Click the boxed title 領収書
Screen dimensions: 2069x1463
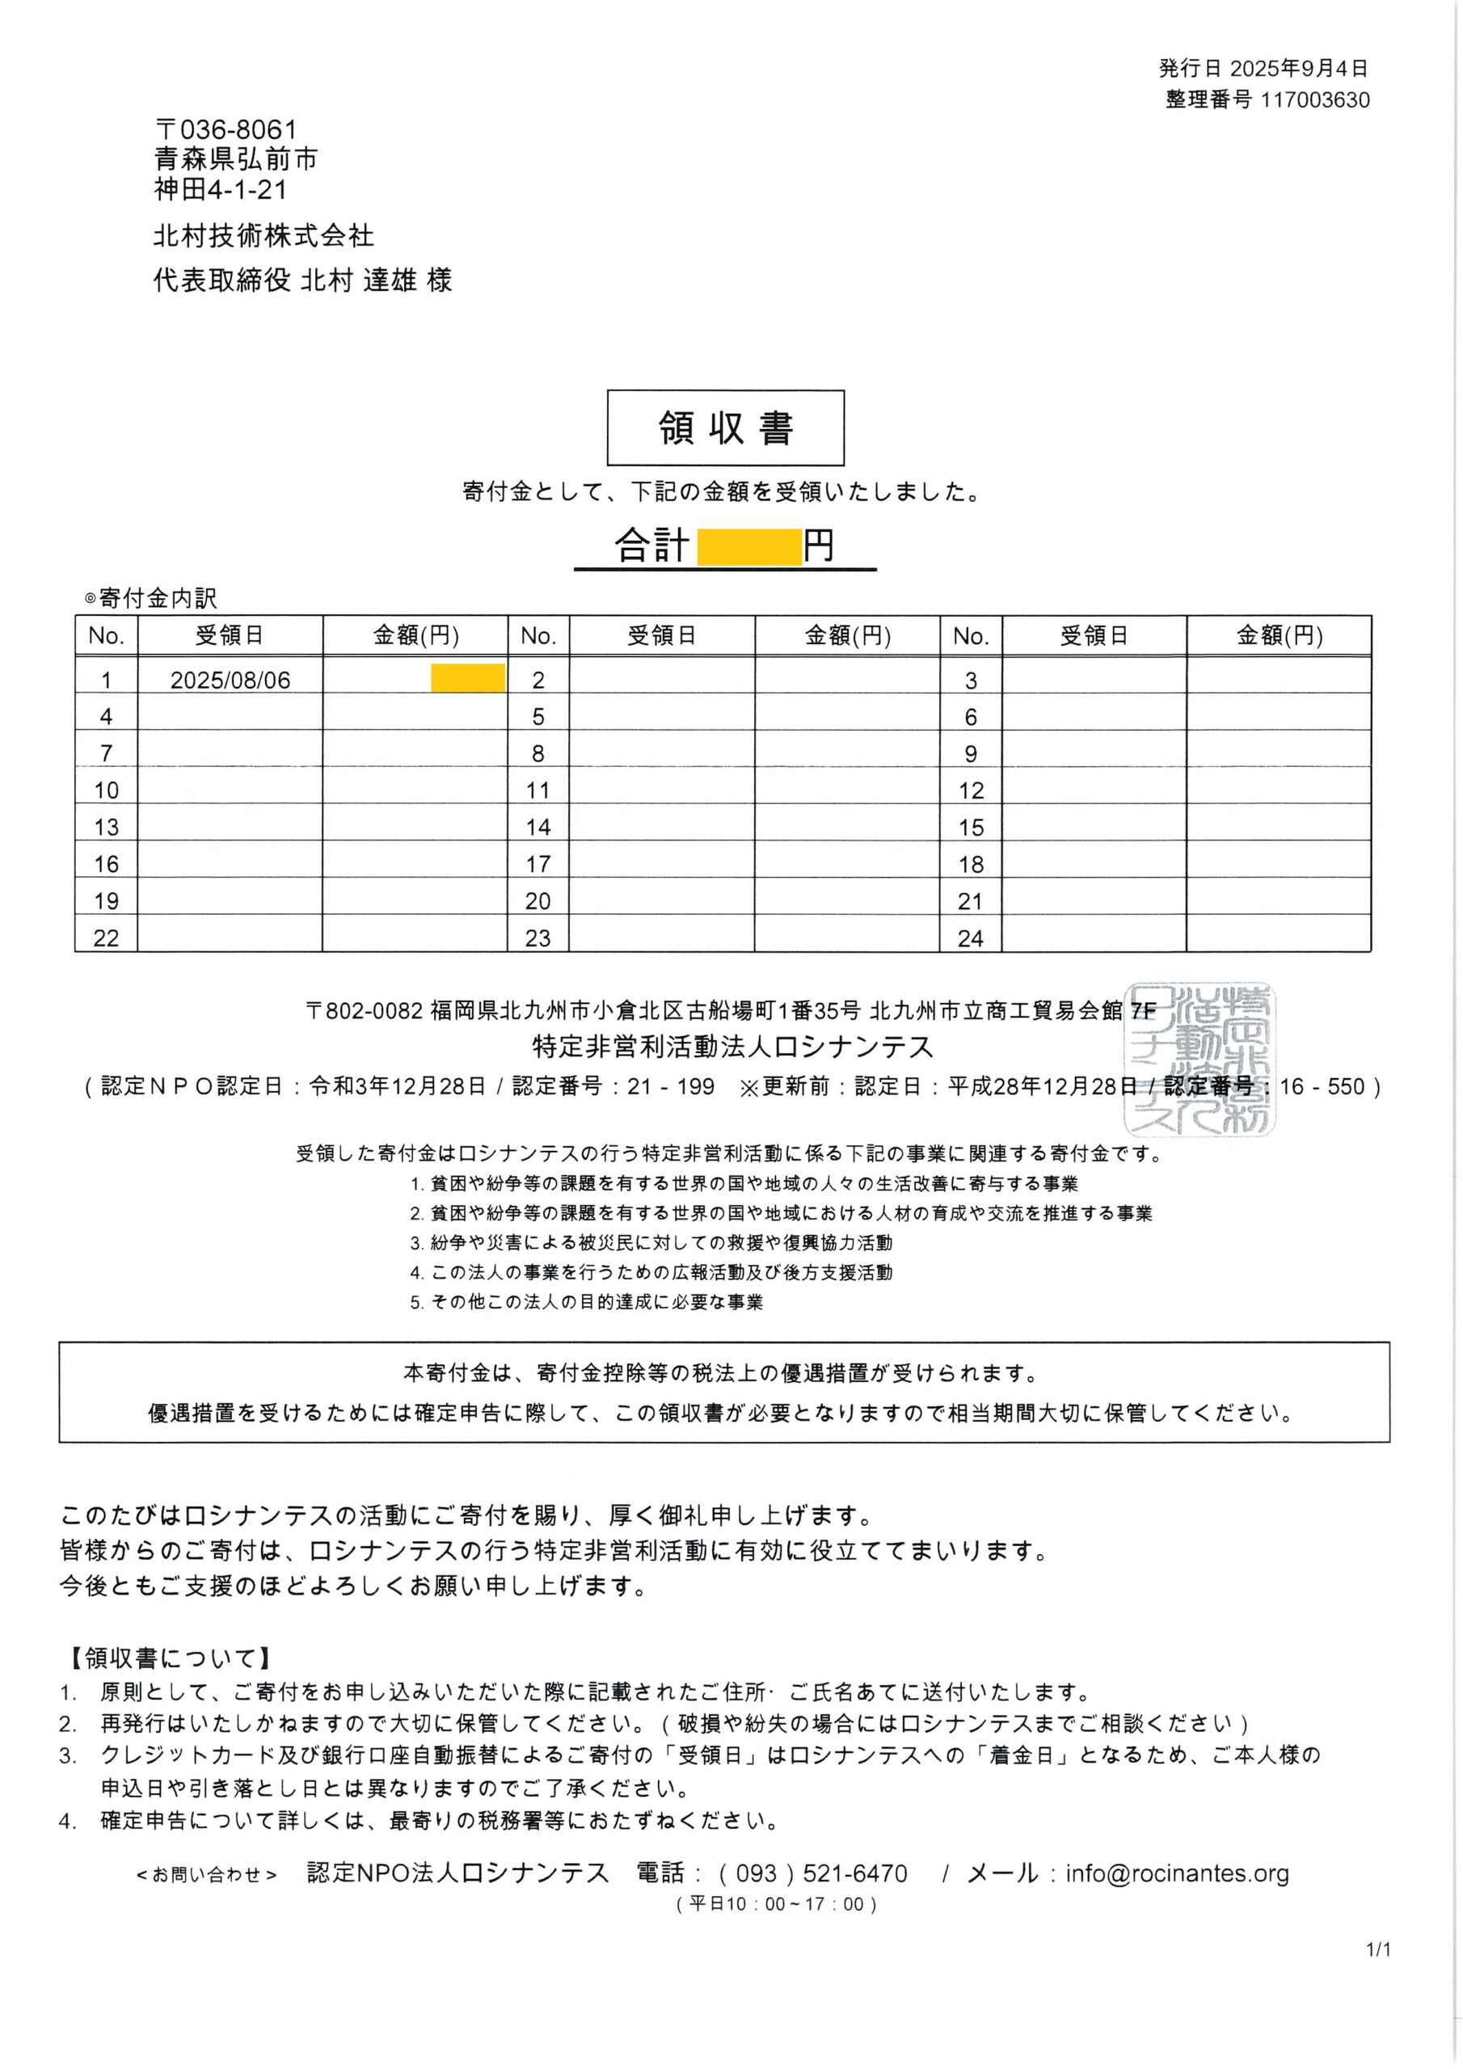click(x=725, y=428)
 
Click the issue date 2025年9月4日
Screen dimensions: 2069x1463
click(x=1299, y=69)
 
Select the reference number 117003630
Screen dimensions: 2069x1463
click(x=1314, y=100)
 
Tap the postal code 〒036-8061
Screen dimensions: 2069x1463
click(x=226, y=131)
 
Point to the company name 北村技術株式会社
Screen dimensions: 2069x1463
click(x=264, y=236)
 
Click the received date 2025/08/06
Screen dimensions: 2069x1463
click(x=230, y=681)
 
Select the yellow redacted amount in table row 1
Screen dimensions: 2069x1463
click(x=467, y=677)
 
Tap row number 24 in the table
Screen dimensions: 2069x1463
click(x=970, y=938)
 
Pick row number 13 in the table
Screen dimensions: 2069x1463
click(x=107, y=828)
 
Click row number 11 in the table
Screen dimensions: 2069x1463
click(x=538, y=790)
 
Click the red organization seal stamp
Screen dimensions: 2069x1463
click(x=1199, y=1058)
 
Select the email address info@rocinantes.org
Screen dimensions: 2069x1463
click(x=1176, y=1873)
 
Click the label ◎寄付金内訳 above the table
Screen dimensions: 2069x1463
click(x=150, y=597)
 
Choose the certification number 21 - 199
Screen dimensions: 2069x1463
click(x=671, y=1086)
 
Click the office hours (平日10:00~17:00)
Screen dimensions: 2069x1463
click(x=775, y=1904)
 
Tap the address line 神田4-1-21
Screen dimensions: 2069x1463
click(x=221, y=189)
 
